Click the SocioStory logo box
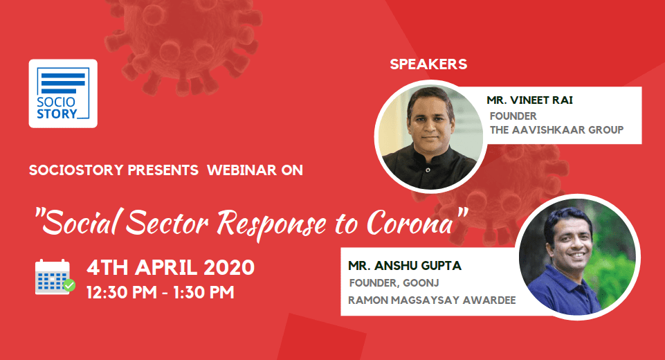63,93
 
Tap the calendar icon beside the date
53,277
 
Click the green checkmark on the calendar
69,285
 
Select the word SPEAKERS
428,64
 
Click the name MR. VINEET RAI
529,100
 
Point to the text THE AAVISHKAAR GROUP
557,130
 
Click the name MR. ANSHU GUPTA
405,266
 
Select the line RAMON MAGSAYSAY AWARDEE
432,300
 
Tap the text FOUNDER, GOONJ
394,282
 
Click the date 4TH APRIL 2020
170,268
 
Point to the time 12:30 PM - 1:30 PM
161,292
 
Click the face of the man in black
430,120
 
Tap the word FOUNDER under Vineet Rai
513,116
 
